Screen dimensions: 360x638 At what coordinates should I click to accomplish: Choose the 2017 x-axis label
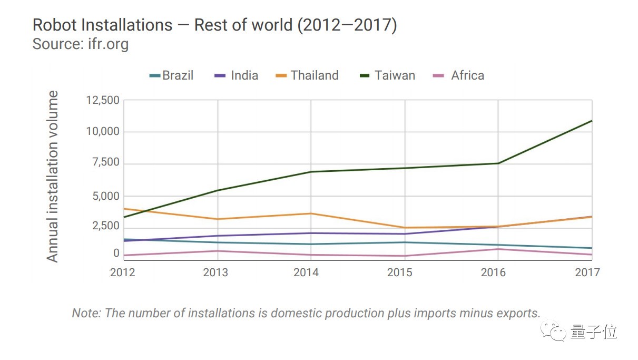586,272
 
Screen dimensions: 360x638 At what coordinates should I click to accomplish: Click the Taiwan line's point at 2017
592,121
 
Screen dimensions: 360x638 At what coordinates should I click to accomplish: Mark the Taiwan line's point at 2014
311,172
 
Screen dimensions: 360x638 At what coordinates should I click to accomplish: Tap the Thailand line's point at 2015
405,228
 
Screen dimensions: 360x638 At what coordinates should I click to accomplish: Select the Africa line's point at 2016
498,249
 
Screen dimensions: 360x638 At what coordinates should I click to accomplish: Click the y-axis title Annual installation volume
53,177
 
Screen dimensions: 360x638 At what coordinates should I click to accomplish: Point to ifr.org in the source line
105,44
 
